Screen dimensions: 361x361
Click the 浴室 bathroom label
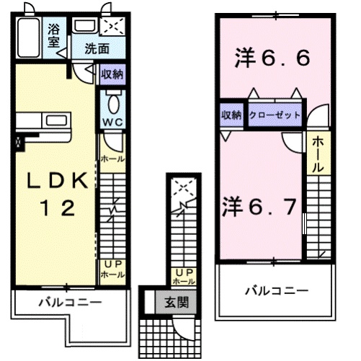click(55, 35)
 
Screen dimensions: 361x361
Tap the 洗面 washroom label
click(96, 50)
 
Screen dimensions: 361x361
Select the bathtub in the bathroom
click(29, 38)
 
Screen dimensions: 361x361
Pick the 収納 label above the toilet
click(112, 73)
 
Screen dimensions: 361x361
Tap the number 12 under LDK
click(55, 209)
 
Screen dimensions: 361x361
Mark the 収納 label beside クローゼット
click(231, 114)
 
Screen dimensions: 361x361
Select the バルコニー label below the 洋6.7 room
click(275, 291)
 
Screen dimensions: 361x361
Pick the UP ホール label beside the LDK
click(112, 269)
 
